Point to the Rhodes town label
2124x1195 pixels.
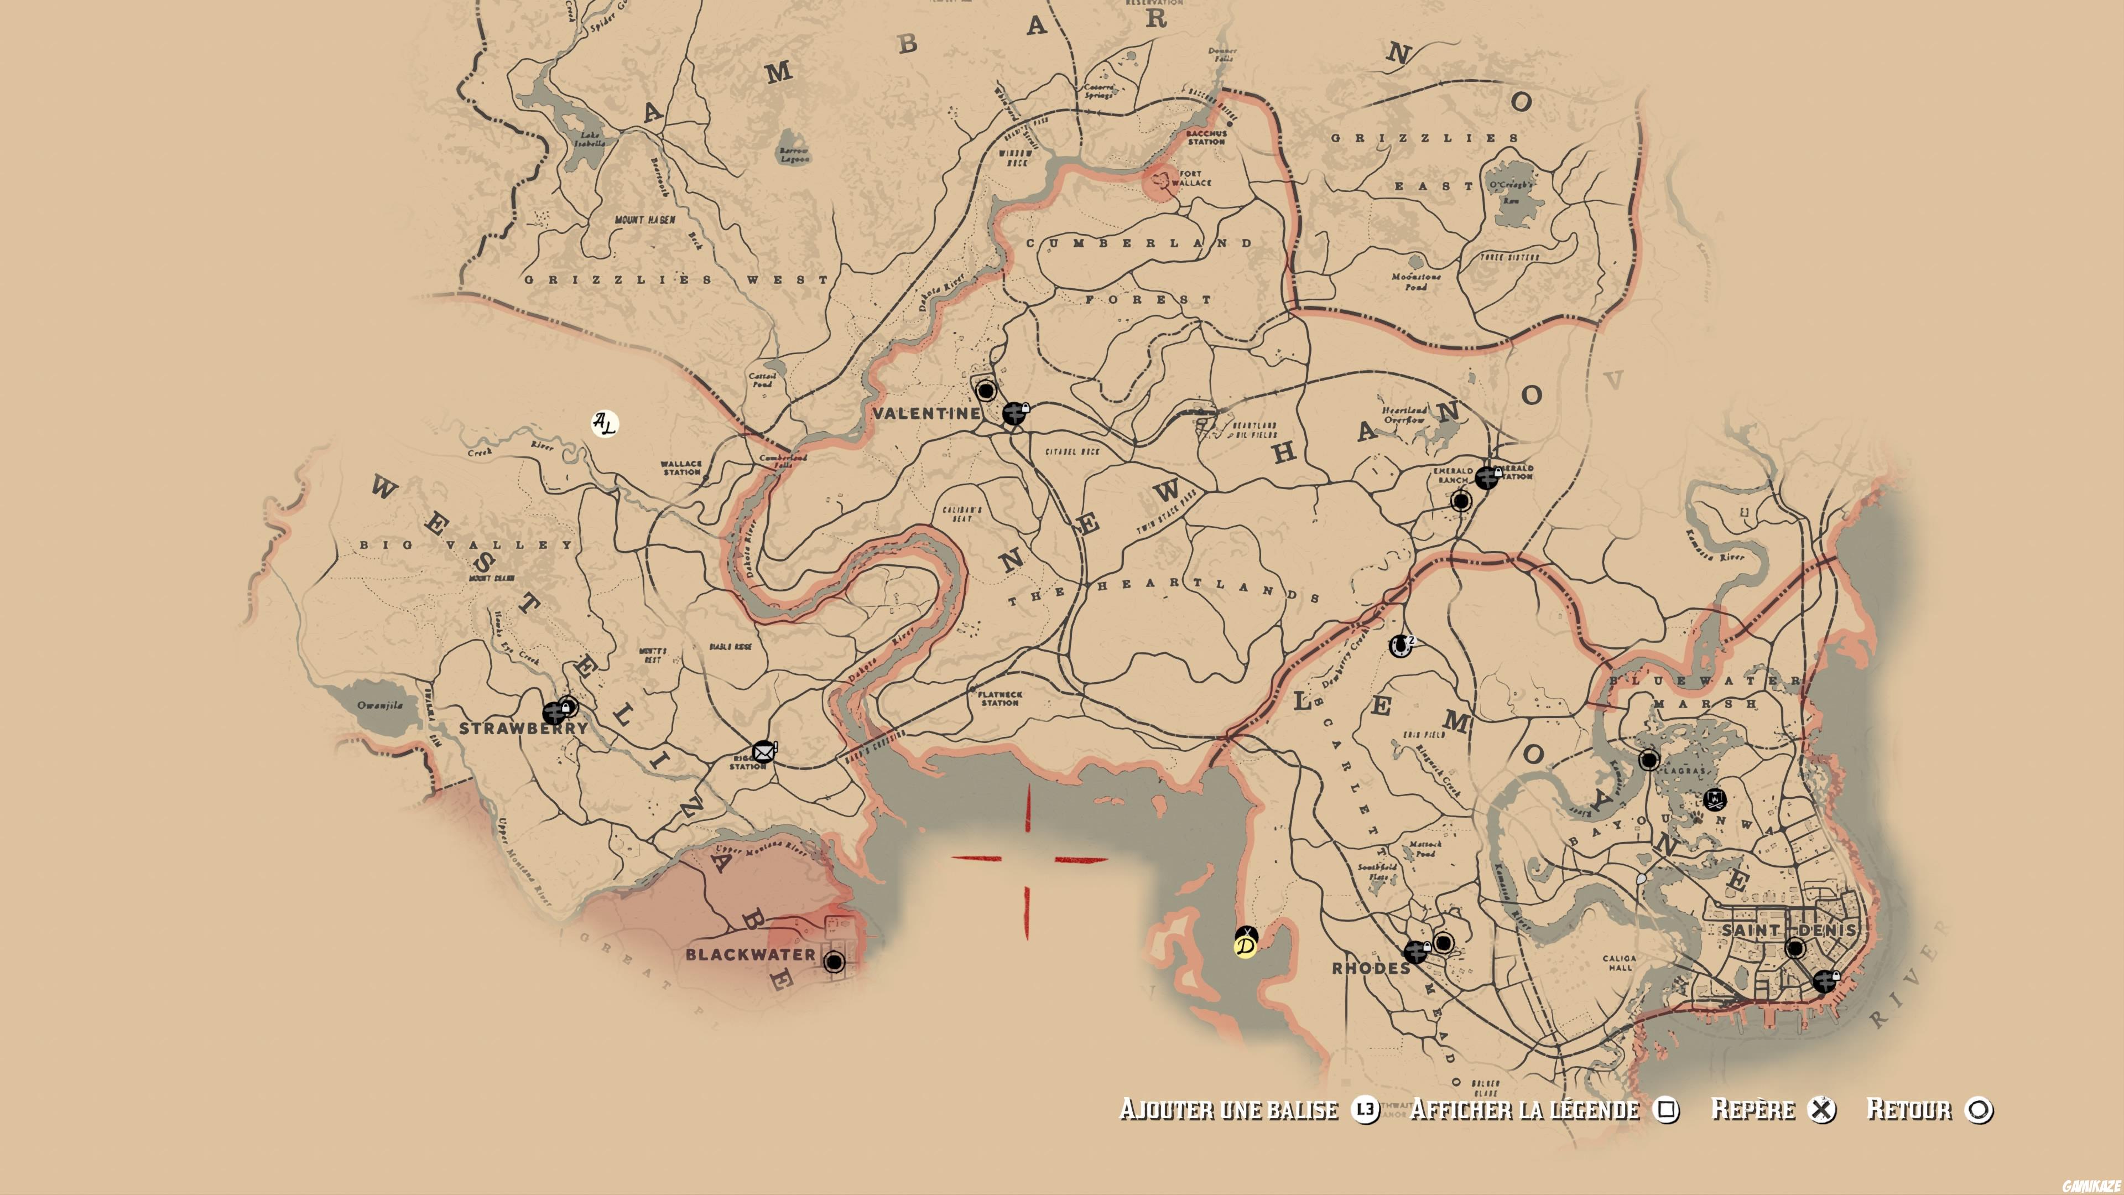[x=1371, y=968]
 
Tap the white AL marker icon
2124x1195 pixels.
[x=605, y=424]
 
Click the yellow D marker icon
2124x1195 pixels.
[x=1245, y=945]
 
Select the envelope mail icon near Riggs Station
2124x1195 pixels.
[x=763, y=751]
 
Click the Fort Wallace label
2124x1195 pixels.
[x=1191, y=178]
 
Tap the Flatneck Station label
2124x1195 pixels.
[x=1000, y=699]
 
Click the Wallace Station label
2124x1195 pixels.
[x=681, y=467]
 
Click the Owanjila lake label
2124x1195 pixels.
[x=380, y=705]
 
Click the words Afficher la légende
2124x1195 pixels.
[x=1524, y=1109]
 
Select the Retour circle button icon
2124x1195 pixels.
[x=1978, y=1110]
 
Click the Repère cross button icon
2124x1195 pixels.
[x=1821, y=1110]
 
